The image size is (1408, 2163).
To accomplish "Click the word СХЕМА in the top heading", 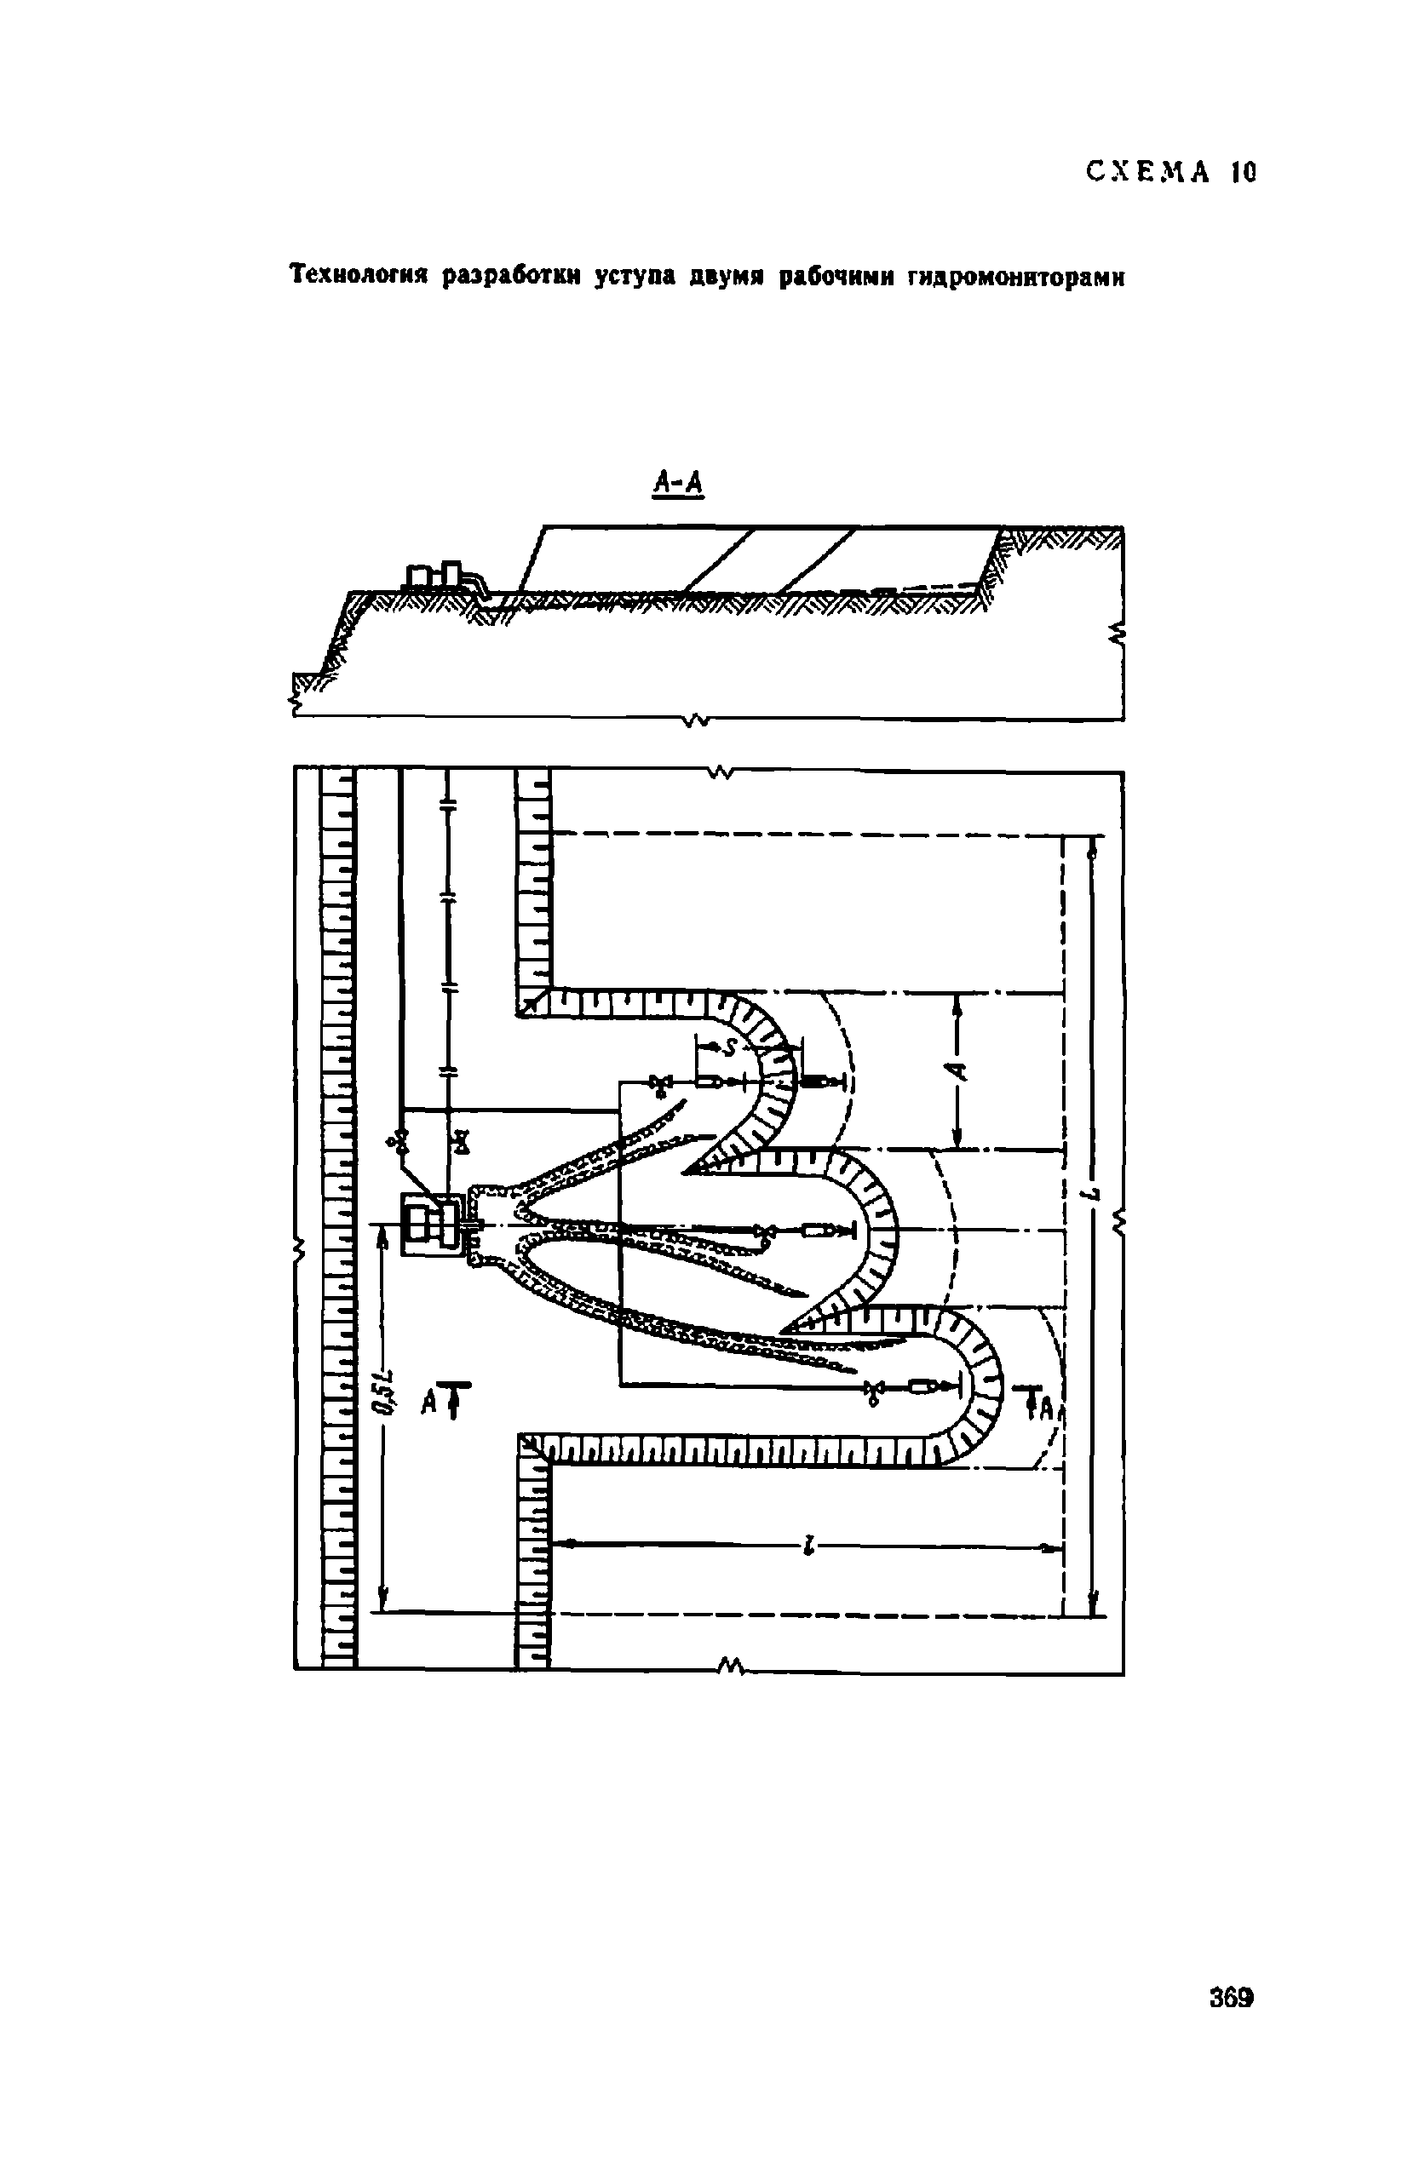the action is pos(1147,172).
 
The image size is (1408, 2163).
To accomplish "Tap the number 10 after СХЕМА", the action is pos(1243,172).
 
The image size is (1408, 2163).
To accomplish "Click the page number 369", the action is pos(1232,1998).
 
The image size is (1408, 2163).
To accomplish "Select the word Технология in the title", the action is pos(360,276).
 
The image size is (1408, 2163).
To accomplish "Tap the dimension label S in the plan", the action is pos(728,1049).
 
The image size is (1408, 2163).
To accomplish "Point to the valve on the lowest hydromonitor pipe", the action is pos(874,1388).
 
